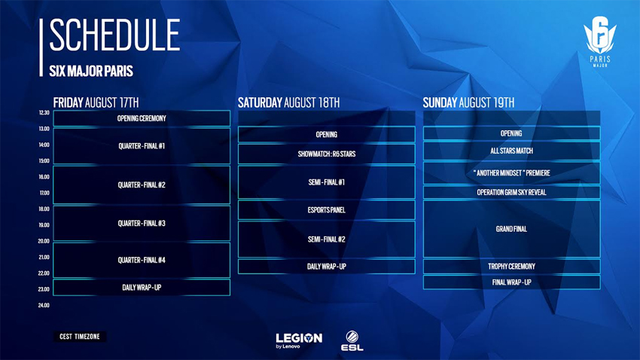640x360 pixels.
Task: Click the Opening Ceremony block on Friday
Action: point(142,118)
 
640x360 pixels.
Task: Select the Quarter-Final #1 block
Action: point(142,146)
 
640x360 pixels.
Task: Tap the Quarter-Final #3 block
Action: point(142,224)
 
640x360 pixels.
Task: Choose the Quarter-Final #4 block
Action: point(142,261)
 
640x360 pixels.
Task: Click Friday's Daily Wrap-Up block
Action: point(142,288)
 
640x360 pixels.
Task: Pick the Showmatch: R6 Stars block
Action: point(326,154)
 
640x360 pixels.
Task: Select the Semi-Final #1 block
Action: point(326,182)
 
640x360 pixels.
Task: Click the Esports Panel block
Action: point(326,210)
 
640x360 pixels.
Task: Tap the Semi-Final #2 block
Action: point(326,239)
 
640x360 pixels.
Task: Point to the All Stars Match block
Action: point(511,151)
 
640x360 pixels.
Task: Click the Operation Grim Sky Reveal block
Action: point(511,193)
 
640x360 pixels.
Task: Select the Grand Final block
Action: point(511,229)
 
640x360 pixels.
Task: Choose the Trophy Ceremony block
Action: point(511,267)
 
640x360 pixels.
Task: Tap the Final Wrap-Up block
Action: point(511,283)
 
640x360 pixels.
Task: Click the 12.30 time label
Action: point(44,113)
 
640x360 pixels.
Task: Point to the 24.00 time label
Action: point(44,306)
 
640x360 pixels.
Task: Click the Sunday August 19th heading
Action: point(468,102)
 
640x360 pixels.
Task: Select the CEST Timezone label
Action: point(80,337)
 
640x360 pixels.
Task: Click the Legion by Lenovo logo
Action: point(298,340)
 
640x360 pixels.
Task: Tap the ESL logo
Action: point(352,340)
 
